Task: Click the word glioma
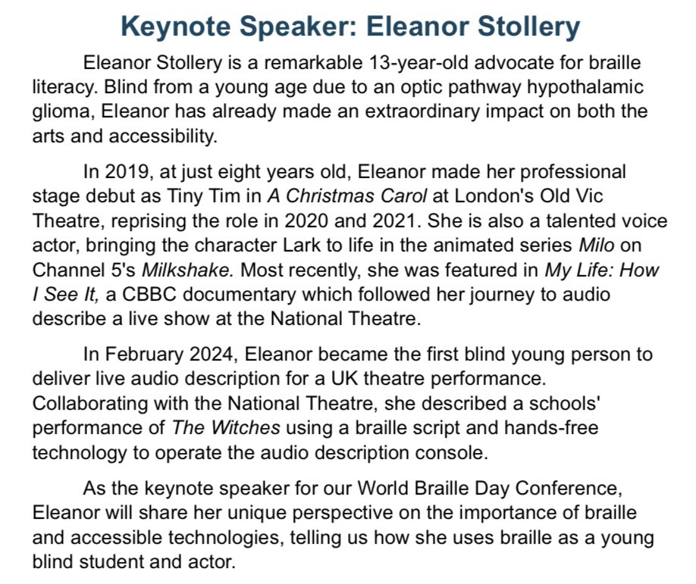point(58,111)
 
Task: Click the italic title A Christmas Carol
point(346,197)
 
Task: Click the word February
point(141,355)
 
